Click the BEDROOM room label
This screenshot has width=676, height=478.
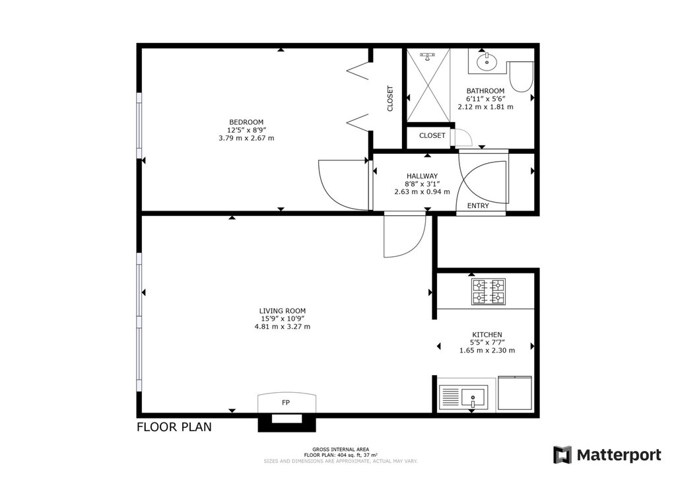pos(246,122)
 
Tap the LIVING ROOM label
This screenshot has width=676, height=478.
pos(283,311)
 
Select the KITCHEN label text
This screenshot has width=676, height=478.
pos(487,335)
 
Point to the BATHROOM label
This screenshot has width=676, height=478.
pos(485,91)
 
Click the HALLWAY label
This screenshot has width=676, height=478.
pos(422,176)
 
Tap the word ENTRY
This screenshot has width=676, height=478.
pos(478,205)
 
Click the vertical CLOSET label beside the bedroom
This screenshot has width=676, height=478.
pos(390,99)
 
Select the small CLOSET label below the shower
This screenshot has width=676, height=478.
pos(432,135)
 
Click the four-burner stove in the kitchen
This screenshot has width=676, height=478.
pos(489,292)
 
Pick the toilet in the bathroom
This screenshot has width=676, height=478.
pos(521,77)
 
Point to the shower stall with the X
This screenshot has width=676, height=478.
pos(428,85)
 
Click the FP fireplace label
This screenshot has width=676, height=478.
pos(285,403)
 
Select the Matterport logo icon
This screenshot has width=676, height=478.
pos(562,455)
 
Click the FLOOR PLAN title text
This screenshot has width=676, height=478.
pos(174,427)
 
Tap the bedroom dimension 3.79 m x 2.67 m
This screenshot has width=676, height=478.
pos(246,139)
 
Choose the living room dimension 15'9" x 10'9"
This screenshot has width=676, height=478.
pos(283,318)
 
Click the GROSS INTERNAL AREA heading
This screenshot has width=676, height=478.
pos(341,450)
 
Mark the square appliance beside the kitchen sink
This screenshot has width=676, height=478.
pos(515,393)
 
